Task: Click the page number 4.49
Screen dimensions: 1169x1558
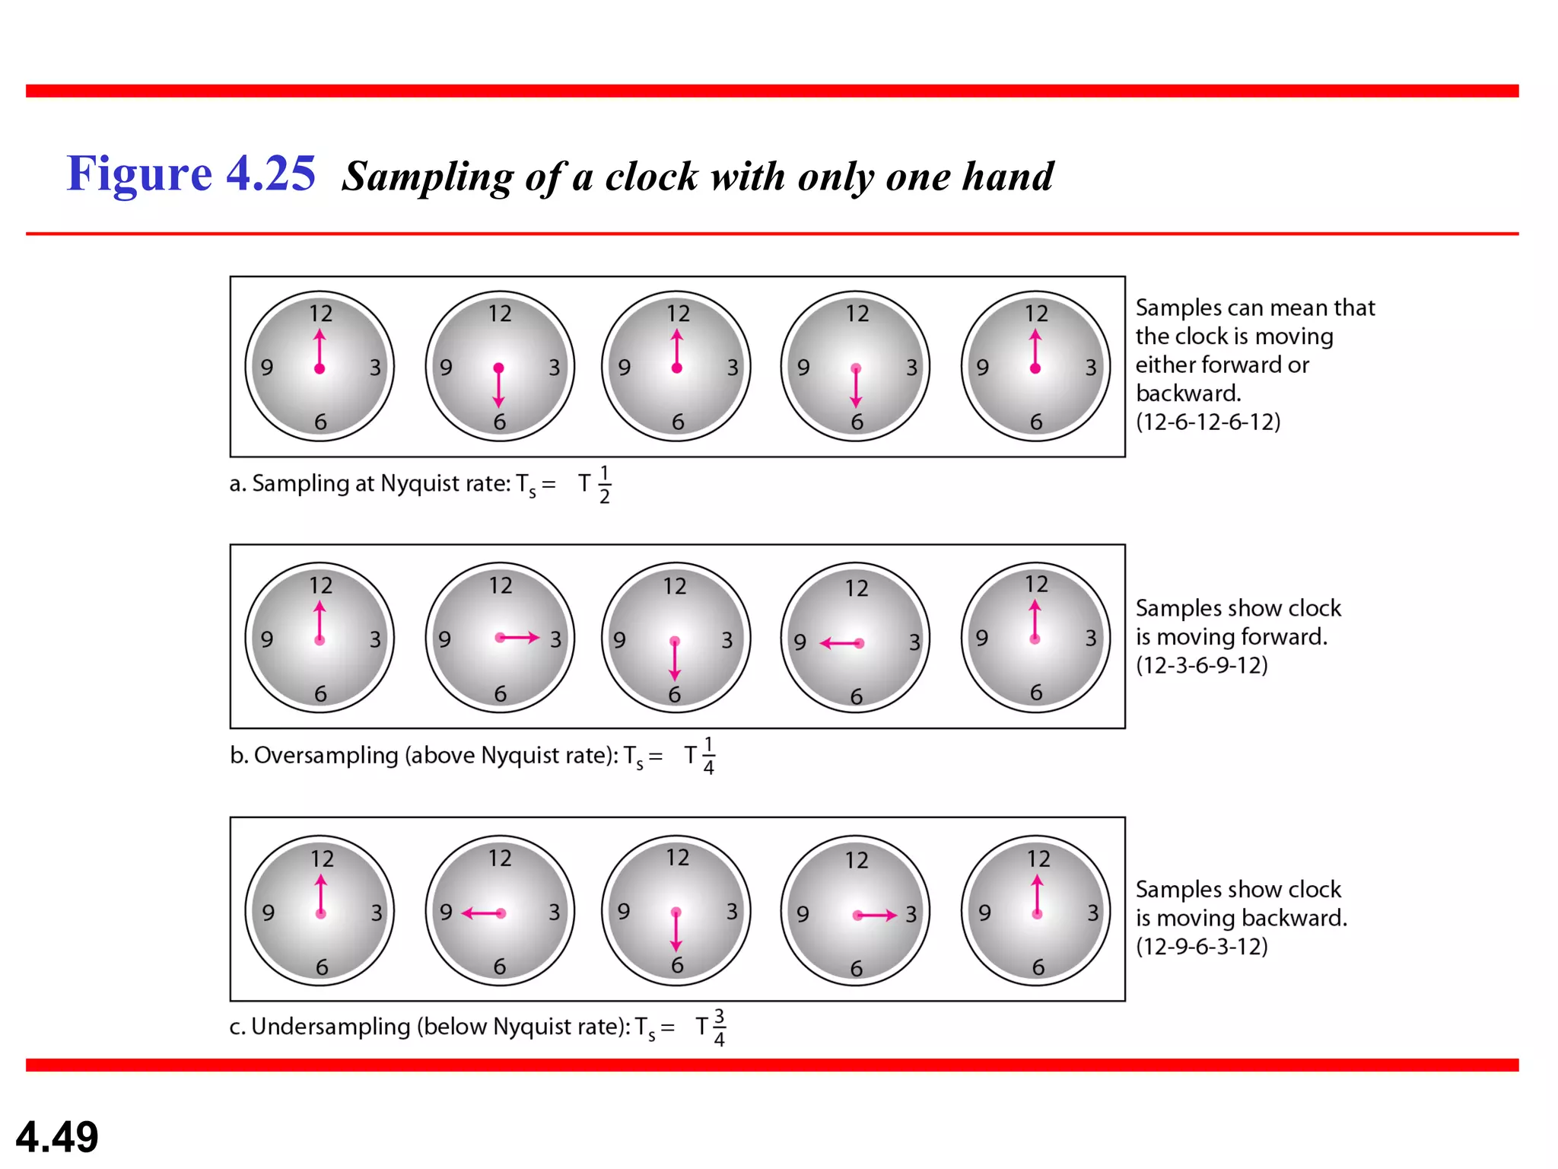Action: tap(57, 1137)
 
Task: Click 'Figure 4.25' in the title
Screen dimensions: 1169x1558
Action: tap(191, 174)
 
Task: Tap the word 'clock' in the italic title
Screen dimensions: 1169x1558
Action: tap(651, 177)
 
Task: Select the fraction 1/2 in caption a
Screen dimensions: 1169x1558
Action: tap(604, 485)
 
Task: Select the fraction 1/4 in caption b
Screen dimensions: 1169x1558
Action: tap(708, 756)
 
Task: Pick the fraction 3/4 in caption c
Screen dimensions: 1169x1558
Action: tap(719, 1028)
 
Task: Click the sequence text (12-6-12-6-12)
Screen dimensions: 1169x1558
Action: tap(1208, 422)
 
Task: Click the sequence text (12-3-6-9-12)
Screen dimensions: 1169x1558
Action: tap(1202, 665)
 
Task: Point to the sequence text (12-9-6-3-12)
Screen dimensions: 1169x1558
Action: tap(1202, 946)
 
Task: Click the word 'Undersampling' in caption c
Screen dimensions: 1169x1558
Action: tap(331, 1027)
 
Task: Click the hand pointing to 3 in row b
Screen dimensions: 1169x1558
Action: tap(518, 637)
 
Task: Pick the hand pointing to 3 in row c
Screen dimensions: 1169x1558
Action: tap(876, 915)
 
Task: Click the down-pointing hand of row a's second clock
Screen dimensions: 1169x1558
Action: tap(498, 388)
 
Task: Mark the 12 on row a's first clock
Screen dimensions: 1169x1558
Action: tap(320, 314)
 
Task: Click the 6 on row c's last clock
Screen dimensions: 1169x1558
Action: tap(1038, 967)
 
